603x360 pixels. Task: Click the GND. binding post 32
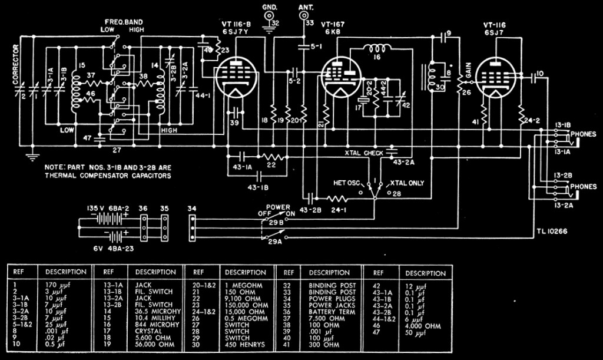point(274,23)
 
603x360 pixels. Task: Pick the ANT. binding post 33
point(306,23)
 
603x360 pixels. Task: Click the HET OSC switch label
point(347,183)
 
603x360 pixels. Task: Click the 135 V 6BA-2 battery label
point(106,207)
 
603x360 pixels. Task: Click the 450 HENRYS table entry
point(240,344)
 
